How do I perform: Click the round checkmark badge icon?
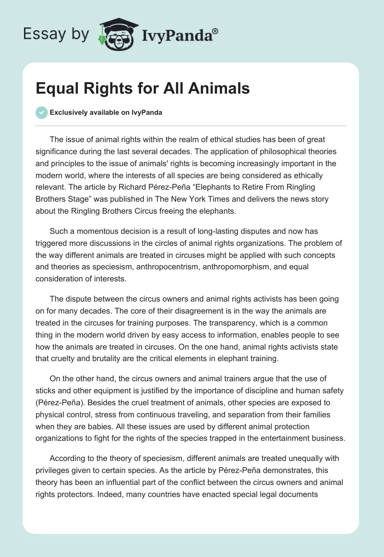pos(42,113)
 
